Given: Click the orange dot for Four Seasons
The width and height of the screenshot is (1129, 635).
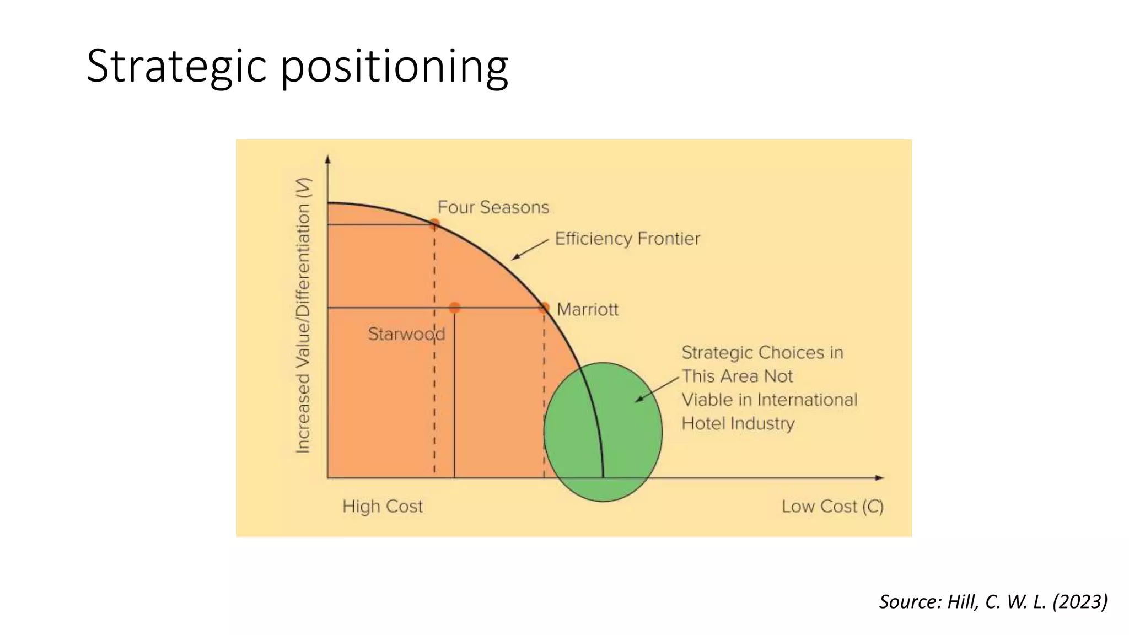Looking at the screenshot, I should click(434, 224).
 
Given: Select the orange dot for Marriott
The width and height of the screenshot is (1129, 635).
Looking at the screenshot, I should click(544, 308).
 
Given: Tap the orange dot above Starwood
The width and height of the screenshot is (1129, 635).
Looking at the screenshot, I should click(454, 308).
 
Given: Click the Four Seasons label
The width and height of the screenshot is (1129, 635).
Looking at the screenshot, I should click(493, 207).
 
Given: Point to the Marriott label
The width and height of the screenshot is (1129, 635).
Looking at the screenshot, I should click(587, 309).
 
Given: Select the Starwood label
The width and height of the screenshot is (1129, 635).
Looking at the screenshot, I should click(406, 334).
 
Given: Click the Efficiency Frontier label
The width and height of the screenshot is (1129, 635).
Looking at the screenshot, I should click(627, 239).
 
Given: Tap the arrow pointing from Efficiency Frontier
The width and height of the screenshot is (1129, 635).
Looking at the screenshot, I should click(530, 249).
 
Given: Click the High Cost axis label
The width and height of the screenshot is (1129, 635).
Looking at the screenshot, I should click(383, 506).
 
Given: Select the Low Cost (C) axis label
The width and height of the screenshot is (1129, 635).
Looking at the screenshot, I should click(832, 506).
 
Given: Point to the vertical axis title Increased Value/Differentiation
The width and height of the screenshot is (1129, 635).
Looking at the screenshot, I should click(303, 315).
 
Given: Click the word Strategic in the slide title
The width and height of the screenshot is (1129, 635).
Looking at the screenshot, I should click(176, 66).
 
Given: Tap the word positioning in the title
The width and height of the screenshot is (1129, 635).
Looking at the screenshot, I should click(395, 66).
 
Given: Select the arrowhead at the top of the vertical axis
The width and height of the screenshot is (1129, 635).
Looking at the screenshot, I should click(328, 159).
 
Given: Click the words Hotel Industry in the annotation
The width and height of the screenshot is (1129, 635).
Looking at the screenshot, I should click(738, 423).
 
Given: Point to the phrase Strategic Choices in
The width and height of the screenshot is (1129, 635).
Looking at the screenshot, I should click(762, 353).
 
